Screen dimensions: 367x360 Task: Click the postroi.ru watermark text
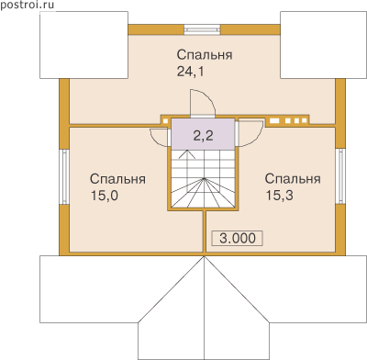point(28,5)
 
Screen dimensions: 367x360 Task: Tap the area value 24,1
point(190,72)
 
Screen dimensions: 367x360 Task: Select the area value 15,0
point(105,196)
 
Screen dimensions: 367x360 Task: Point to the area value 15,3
point(279,196)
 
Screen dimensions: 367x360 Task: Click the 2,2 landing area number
point(203,135)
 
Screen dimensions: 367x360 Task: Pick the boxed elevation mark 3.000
point(238,238)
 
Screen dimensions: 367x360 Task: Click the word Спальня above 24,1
point(205,54)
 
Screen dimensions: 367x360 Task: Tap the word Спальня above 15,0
point(117,179)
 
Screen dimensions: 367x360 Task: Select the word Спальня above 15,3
point(293,178)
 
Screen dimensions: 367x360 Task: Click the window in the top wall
point(202,29)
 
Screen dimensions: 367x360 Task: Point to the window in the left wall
point(64,176)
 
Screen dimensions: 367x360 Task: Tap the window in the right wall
point(340,176)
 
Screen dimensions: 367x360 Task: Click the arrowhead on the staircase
point(187,154)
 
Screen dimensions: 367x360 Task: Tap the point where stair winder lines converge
point(204,178)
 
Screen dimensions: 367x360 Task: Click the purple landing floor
point(203,134)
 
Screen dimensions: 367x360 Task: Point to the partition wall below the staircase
point(205,231)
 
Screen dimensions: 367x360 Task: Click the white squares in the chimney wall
point(288,121)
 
